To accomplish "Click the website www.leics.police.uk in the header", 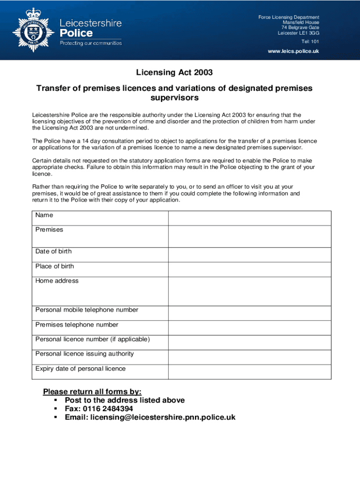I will tap(293, 51).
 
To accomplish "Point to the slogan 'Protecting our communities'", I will tap(90, 43).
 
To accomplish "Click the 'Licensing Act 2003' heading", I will tap(174, 73).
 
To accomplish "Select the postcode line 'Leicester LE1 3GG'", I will tap(298, 33).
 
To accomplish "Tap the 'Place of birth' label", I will tap(55, 266).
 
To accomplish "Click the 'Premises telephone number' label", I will tap(77, 325).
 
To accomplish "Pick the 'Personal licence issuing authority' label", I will tap(84, 354).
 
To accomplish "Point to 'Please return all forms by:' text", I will tap(92, 392).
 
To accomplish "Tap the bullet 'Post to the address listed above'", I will tap(124, 400).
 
